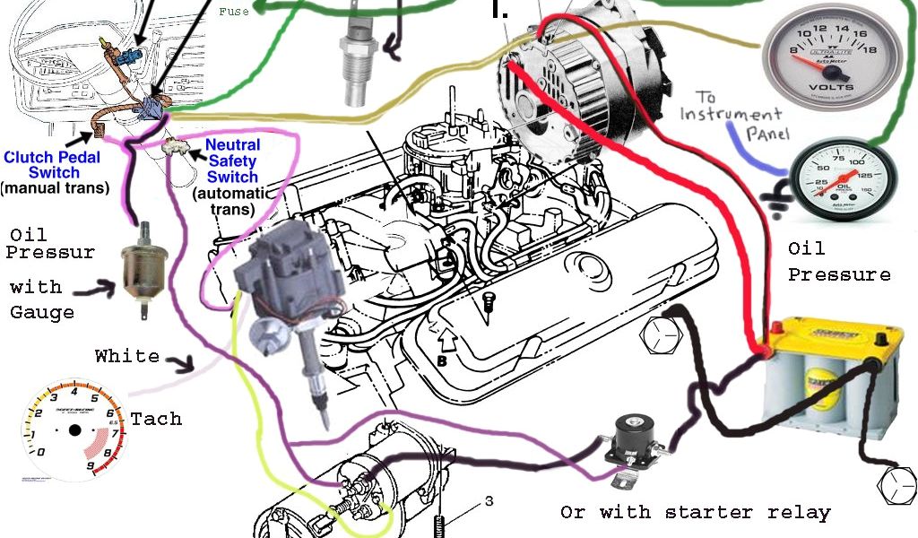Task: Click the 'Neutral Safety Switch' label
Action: [232, 161]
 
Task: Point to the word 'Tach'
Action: [156, 419]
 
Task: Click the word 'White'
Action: [127, 356]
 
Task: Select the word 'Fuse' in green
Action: [234, 12]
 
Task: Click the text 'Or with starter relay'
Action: [695, 513]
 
